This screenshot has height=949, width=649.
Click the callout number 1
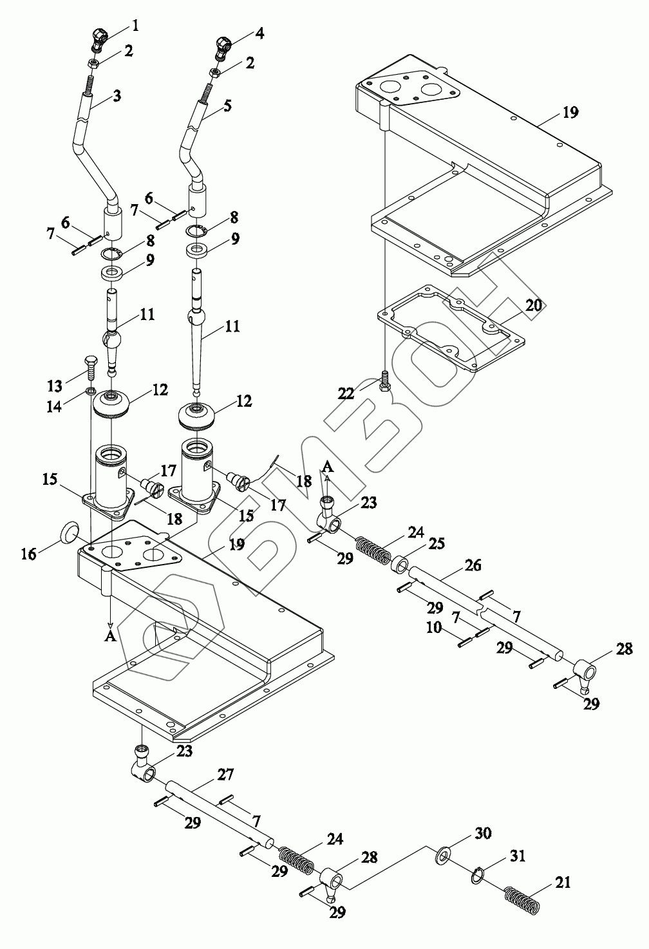point(135,26)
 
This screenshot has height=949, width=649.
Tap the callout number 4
point(259,33)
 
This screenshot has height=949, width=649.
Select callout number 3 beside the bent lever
point(117,97)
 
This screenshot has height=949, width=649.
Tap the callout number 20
point(534,305)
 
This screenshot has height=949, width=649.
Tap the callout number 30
point(484,833)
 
